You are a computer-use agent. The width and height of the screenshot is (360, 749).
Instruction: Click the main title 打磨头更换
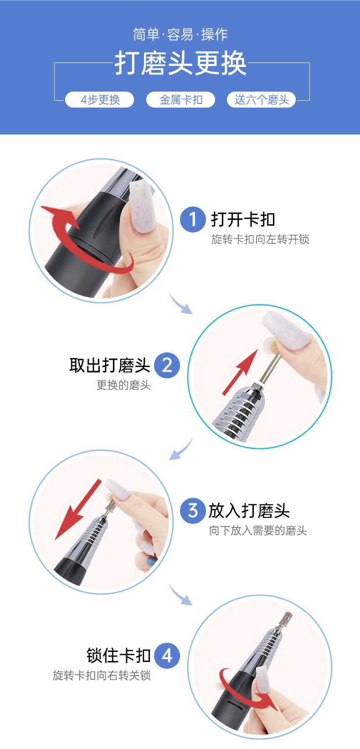pos(180,63)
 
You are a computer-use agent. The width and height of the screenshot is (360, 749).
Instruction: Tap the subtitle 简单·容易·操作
pos(180,35)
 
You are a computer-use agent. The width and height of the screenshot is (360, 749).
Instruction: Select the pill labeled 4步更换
pos(100,100)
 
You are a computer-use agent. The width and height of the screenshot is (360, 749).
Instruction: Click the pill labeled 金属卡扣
pos(180,100)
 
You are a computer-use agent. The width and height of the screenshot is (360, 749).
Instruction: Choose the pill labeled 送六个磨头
pos(262,100)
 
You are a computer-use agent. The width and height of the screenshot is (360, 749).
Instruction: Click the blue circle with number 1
pos(193,219)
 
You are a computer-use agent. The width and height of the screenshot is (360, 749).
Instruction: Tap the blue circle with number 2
pos(167,365)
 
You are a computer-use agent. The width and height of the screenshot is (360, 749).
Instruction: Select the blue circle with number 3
pos(193,511)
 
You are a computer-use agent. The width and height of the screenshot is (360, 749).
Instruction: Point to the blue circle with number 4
pos(167,656)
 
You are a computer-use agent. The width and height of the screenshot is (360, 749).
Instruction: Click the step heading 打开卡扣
pos(243,220)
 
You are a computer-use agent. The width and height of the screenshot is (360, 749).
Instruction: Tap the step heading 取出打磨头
pos(110,365)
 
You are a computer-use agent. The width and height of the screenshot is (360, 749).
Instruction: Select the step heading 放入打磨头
pos(249,511)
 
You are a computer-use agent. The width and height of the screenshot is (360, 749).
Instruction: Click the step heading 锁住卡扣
pos(118,656)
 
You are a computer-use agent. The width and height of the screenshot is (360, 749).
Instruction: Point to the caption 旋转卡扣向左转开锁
pos(260,239)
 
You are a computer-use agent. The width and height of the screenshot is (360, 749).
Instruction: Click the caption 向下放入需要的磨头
pos(258,531)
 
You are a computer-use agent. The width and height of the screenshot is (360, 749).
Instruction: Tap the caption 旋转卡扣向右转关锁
pos(102,676)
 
